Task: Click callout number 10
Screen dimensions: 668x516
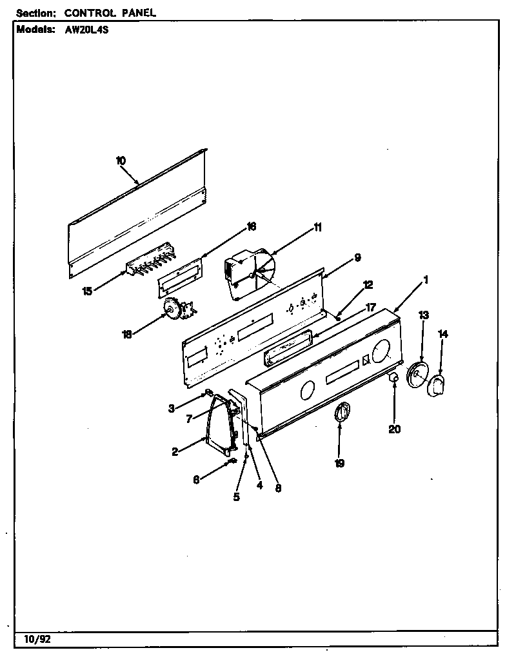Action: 121,161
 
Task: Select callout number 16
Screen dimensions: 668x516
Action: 251,226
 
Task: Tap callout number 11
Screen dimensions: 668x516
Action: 317,227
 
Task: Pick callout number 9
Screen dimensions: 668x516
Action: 357,258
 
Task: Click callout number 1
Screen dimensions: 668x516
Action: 426,280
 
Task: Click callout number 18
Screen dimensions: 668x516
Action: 128,334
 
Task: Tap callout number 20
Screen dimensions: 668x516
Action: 395,429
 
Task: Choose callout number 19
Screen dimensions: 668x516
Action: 340,462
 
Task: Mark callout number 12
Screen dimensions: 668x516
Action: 367,284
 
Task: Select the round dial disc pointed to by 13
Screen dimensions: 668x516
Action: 417,376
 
